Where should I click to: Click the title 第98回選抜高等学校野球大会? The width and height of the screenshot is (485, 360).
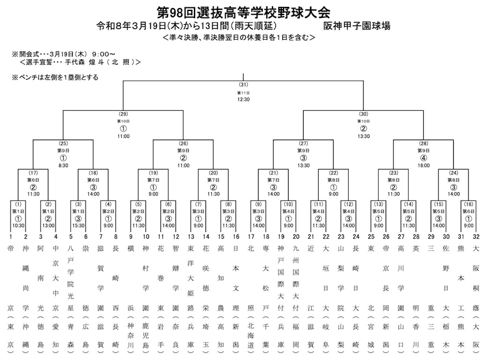(x=242, y=12)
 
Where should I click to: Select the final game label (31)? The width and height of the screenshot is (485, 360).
(x=243, y=85)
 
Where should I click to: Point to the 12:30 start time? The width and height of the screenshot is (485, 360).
(x=243, y=99)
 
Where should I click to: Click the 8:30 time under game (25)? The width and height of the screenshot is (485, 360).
(x=63, y=165)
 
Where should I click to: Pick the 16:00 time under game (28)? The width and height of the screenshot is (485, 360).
(x=423, y=165)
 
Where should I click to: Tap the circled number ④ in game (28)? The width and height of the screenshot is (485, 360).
(x=423, y=157)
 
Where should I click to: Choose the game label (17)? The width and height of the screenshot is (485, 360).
(x=33, y=172)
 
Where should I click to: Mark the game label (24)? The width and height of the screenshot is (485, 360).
(x=453, y=172)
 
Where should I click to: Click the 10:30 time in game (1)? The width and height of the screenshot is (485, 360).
(x=18, y=226)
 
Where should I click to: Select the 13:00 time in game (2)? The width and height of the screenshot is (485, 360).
(x=48, y=226)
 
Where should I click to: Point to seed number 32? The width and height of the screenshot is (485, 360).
(x=476, y=237)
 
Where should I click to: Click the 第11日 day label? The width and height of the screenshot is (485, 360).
(x=243, y=92)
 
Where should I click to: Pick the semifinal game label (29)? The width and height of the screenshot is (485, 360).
(x=123, y=114)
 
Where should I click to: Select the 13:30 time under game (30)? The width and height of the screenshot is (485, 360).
(x=363, y=136)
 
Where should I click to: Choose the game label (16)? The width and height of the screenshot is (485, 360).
(x=468, y=204)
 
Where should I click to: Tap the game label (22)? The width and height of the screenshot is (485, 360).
(x=333, y=172)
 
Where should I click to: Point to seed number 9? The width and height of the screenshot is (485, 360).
(x=130, y=237)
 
